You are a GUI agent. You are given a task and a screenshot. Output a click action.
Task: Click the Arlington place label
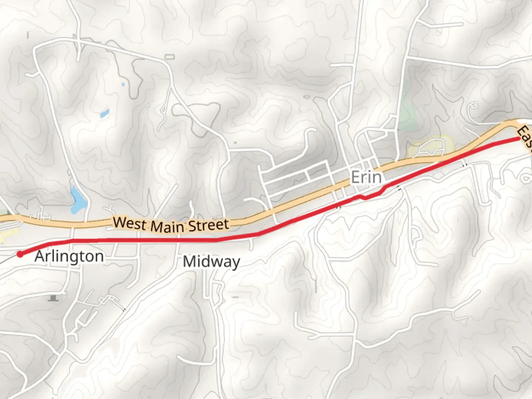point(69,256)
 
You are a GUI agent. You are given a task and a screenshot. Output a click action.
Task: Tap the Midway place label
point(211,262)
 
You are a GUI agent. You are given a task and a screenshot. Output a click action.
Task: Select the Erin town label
point(366,177)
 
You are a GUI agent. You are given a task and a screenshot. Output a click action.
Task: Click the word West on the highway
point(128,223)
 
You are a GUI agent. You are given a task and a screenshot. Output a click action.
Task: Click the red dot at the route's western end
point(20,254)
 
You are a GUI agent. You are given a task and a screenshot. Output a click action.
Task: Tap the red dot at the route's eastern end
point(519,139)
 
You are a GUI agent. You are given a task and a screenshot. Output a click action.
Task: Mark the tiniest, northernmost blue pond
point(123,85)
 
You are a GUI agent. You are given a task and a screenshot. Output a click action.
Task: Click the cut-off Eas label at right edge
point(525,138)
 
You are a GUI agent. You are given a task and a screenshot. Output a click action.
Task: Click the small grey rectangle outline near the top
point(169,57)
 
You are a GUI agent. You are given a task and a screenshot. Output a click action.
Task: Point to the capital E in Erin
point(355,177)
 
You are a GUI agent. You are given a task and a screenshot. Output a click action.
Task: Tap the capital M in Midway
point(190,262)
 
